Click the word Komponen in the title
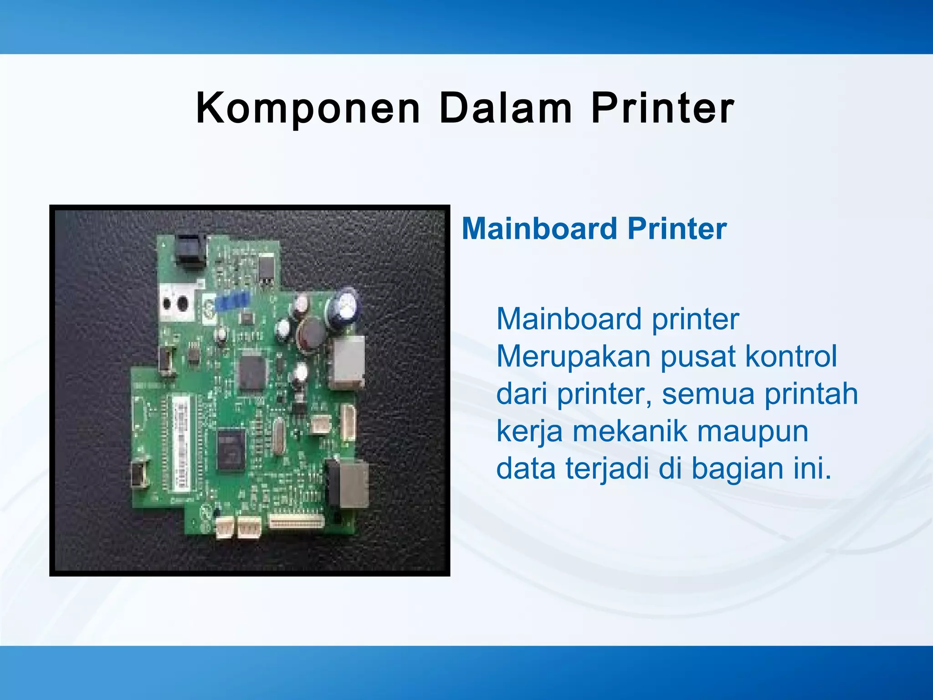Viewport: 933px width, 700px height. [x=308, y=108]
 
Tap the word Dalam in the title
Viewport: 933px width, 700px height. [x=506, y=108]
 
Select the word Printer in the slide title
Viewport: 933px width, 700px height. [x=663, y=108]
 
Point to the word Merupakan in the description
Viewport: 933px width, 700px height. [x=573, y=356]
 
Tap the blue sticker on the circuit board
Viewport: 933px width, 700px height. [x=233, y=301]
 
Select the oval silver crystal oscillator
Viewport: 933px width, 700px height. [x=278, y=438]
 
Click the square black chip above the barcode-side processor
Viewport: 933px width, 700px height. [x=252, y=371]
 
